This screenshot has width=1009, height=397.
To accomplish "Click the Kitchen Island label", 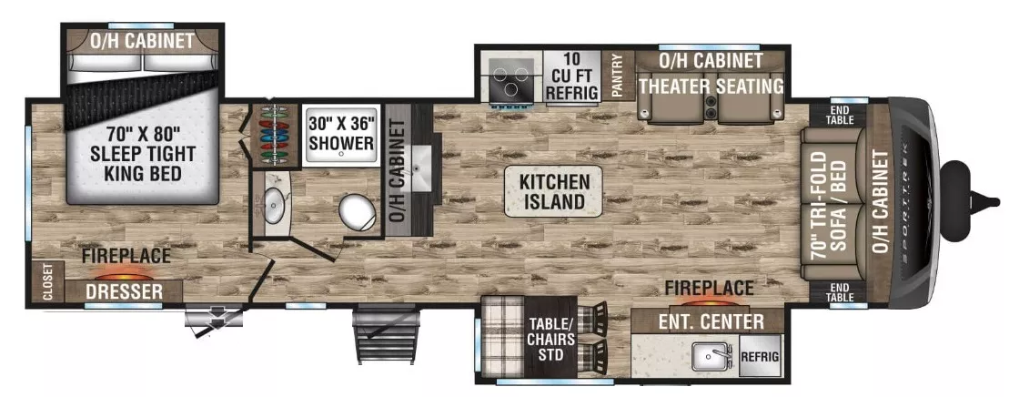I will click(554, 191).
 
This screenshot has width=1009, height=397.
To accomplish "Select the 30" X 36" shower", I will click(340, 134).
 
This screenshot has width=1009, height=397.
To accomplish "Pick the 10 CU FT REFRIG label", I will click(570, 76).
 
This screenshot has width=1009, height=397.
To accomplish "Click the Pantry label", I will click(618, 76).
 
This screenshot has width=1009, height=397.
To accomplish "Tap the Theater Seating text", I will click(711, 87).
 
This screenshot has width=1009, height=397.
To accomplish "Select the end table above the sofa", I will click(839, 115).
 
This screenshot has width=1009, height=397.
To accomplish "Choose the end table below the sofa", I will click(839, 291).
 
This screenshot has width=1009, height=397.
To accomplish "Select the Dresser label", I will click(126, 292).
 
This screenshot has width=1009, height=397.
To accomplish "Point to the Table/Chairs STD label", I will click(552, 335).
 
